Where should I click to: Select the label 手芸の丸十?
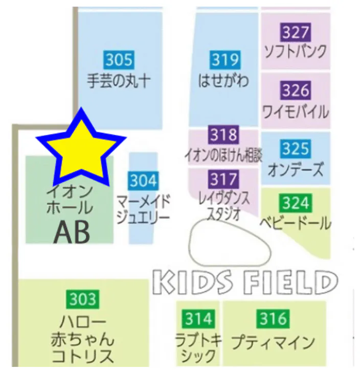[x=119, y=81]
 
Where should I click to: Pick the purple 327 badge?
[x=296, y=33]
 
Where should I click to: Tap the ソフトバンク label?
[x=295, y=52]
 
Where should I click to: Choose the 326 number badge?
[x=296, y=91]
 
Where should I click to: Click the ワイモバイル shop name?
[x=296, y=111]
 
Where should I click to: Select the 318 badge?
[x=224, y=135]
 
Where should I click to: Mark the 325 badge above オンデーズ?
[x=296, y=149]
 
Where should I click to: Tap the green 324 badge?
[x=295, y=204]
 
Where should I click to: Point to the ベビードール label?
[x=296, y=223]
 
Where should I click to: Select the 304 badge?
[x=143, y=180]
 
